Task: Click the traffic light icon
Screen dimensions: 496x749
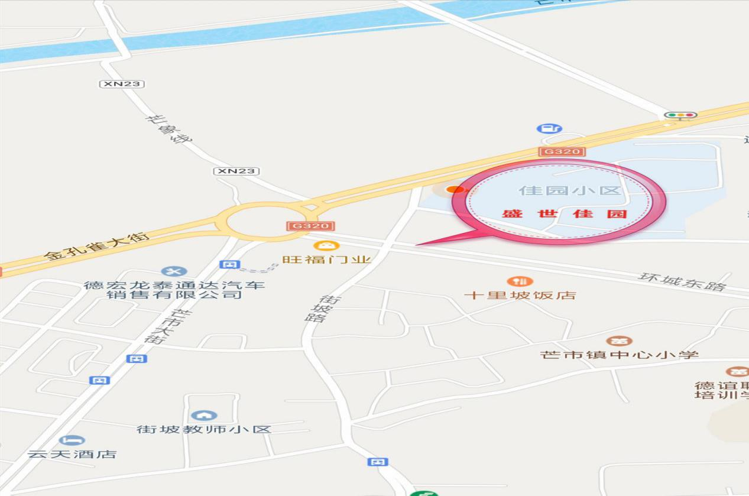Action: (680, 115)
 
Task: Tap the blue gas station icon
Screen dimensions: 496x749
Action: (549, 128)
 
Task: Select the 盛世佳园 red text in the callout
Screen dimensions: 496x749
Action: (564, 213)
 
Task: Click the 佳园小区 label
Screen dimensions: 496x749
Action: (570, 190)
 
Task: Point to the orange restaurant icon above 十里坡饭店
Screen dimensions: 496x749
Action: (520, 281)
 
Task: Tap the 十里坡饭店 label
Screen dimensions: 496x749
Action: (520, 295)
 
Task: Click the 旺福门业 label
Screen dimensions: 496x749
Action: (326, 260)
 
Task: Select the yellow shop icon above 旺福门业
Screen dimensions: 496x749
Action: (326, 245)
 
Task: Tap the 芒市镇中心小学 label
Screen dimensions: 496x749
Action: (619, 355)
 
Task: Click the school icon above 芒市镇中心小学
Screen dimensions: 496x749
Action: (619, 341)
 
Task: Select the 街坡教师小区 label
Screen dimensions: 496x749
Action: (204, 429)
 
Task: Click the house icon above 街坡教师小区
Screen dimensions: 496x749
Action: (204, 416)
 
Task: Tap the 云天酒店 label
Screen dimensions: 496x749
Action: (72, 454)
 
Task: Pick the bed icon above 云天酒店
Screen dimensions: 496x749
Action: (72, 440)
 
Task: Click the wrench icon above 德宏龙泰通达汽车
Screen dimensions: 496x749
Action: (174, 271)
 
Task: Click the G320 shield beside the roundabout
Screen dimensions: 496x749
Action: (311, 226)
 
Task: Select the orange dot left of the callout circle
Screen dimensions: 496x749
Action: (455, 189)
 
